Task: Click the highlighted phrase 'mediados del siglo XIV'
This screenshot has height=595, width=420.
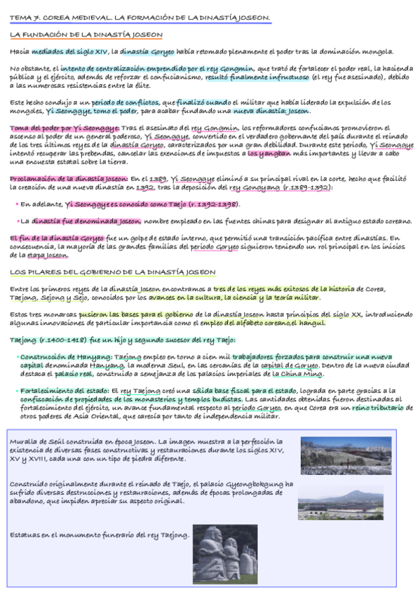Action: point(72,51)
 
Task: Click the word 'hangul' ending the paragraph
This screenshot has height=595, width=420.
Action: point(311,323)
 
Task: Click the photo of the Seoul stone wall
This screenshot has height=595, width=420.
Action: point(337,455)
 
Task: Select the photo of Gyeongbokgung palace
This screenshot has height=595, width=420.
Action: point(341,502)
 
